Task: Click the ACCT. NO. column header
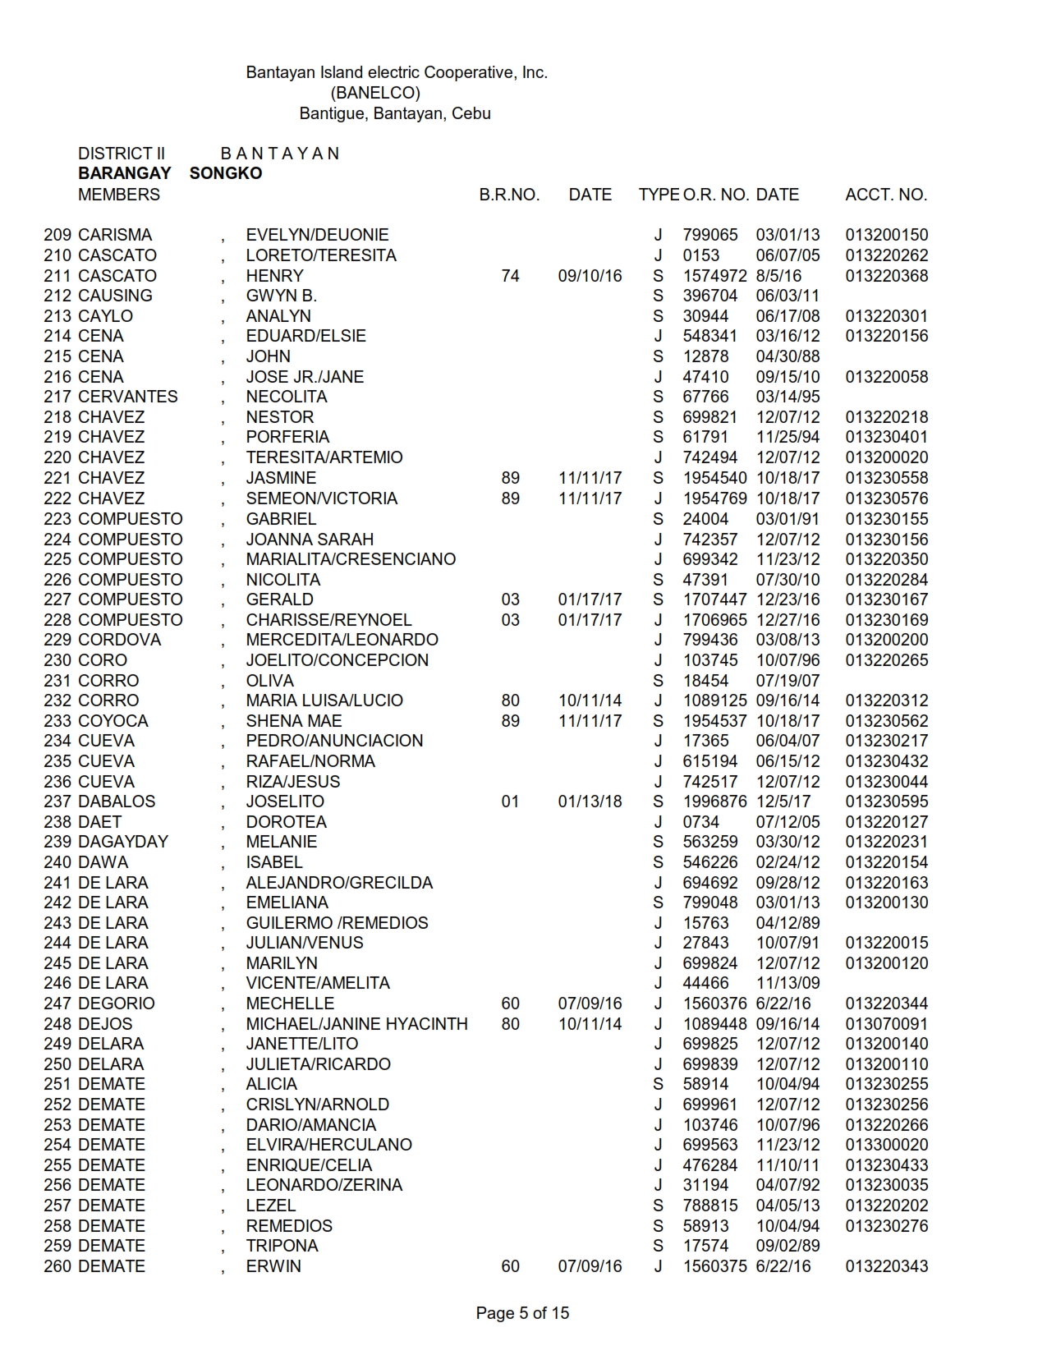[886, 195]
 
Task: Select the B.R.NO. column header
[509, 195]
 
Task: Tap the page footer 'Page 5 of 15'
[522, 1313]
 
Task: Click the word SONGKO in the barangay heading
[226, 173]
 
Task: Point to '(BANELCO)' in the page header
[375, 93]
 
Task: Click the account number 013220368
[887, 276]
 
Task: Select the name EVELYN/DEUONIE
[317, 235]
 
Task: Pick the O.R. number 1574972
[714, 276]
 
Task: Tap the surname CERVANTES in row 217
[127, 397]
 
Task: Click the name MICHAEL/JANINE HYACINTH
[356, 1024]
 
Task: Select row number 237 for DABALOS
[57, 802]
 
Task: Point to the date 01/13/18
[590, 802]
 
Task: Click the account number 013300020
[887, 1145]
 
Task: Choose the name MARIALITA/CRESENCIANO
[351, 559]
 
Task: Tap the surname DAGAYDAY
[123, 842]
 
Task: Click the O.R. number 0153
[700, 255]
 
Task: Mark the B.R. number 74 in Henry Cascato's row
[510, 276]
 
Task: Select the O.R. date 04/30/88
[788, 356]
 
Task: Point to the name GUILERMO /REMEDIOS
[337, 923]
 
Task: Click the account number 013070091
[887, 1024]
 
